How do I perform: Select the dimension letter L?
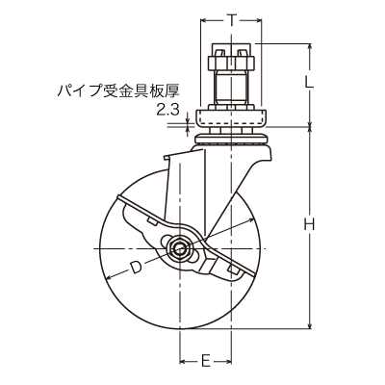click(x=309, y=83)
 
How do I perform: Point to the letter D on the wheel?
click(x=136, y=267)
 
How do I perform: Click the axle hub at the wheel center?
click(x=180, y=250)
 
